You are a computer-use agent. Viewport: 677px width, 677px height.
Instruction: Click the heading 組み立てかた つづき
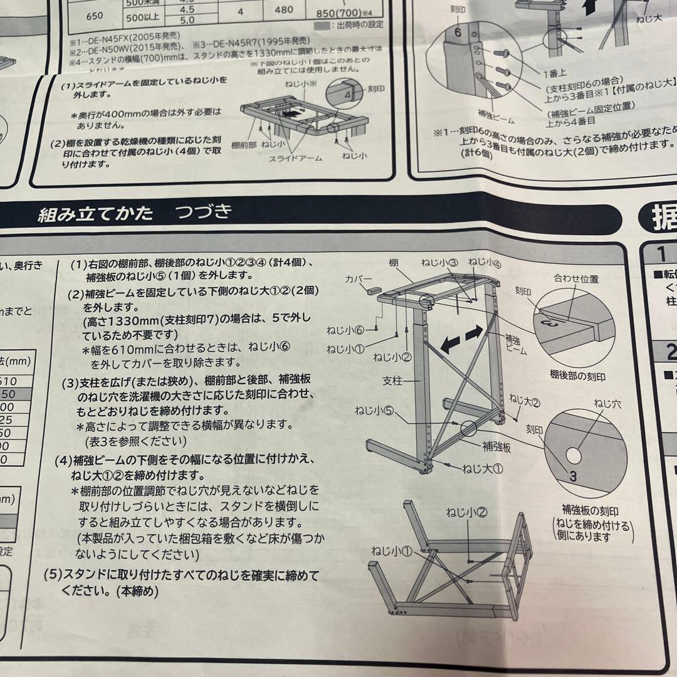(x=135, y=213)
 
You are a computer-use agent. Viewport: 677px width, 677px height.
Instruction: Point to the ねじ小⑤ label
(x=374, y=411)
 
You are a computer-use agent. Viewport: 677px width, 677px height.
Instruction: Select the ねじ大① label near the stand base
(x=483, y=468)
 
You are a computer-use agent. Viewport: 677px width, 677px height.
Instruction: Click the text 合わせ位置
(x=576, y=280)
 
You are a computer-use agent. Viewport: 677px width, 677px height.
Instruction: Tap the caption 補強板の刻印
(x=590, y=511)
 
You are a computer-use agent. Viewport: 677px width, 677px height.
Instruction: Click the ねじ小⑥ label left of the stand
(x=345, y=330)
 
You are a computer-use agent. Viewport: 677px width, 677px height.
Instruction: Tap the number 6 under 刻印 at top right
(x=458, y=33)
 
